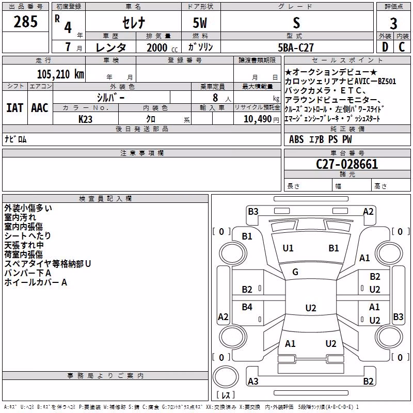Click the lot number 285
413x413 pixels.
click(x=25, y=22)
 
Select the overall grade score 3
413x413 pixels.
click(x=393, y=24)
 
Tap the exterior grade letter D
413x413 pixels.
click(x=385, y=47)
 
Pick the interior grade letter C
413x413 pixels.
click(x=402, y=47)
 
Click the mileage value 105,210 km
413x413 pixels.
click(x=60, y=74)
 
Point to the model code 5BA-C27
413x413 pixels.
click(x=296, y=47)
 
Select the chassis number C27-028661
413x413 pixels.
click(x=347, y=164)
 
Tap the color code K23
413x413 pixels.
click(x=85, y=119)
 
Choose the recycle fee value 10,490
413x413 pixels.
click(x=257, y=119)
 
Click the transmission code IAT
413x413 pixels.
click(x=15, y=108)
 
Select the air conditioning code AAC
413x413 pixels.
click(x=40, y=108)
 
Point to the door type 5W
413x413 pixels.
click(x=200, y=23)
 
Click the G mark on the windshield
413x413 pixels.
click(x=295, y=272)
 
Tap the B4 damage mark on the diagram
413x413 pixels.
click(x=247, y=307)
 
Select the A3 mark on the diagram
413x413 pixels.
click(x=253, y=381)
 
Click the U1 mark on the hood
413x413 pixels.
click(x=288, y=248)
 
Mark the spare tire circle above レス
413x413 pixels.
click(x=226, y=377)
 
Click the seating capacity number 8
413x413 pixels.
click(x=215, y=98)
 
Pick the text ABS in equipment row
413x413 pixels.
click(x=296, y=139)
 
